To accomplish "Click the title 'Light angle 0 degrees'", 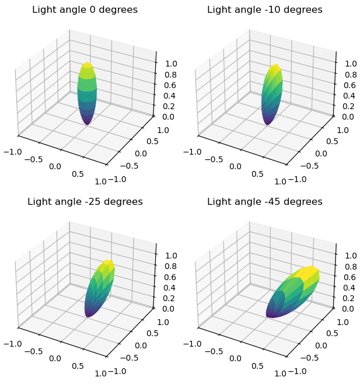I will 85,10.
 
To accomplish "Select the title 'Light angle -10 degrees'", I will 265,10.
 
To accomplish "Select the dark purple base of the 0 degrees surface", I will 87,121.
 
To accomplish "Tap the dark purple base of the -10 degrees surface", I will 268,121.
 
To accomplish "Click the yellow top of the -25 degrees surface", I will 107,265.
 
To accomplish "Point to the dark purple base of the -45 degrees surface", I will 271,312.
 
